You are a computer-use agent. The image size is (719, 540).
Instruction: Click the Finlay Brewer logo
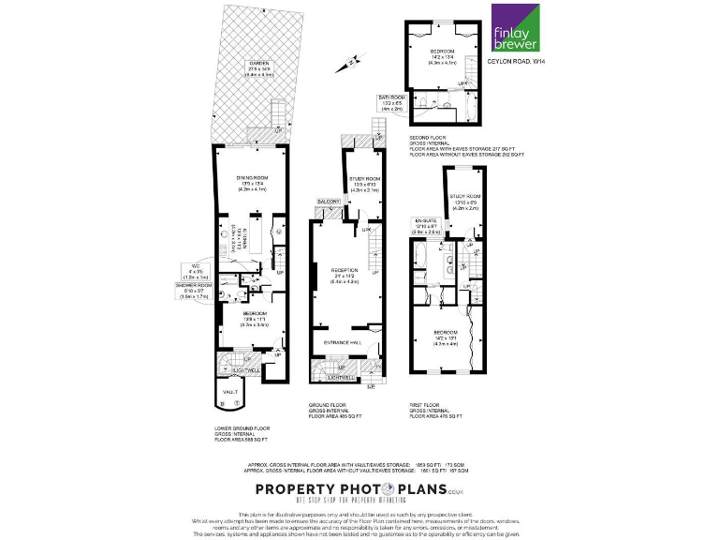[516, 28]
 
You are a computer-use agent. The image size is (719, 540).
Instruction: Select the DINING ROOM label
[253, 178]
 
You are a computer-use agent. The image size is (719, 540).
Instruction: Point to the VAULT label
[228, 392]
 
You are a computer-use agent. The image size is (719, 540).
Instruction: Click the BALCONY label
[328, 201]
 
